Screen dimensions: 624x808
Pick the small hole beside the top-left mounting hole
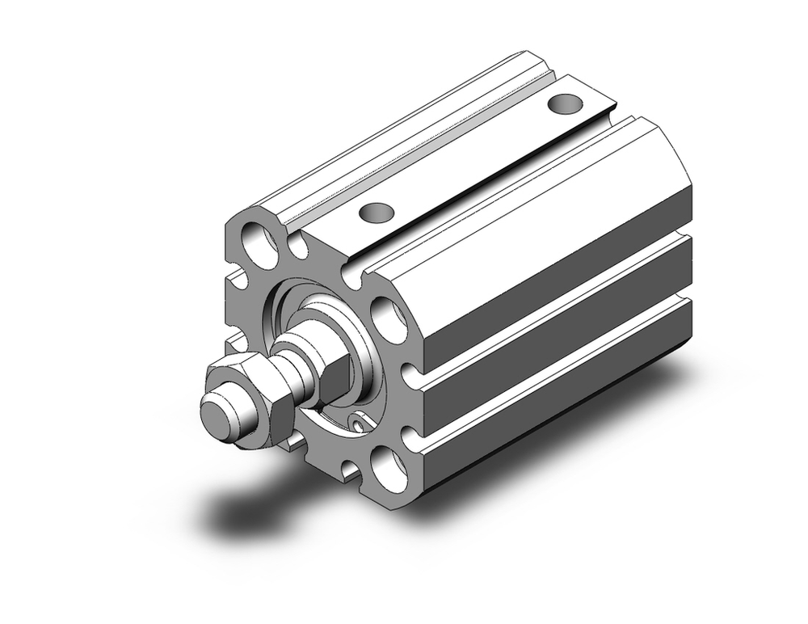tap(301, 247)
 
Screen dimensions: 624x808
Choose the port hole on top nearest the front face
tap(374, 213)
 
